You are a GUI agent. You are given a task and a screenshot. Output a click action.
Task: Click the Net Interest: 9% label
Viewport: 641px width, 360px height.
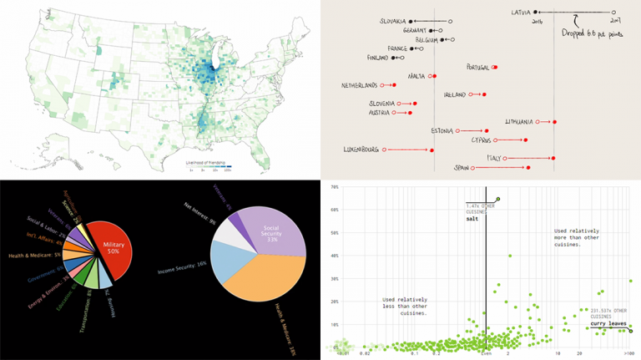(201, 215)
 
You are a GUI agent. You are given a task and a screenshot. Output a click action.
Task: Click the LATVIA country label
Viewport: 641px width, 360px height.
(527, 12)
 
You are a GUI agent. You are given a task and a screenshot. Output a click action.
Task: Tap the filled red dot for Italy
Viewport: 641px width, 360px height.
(553, 158)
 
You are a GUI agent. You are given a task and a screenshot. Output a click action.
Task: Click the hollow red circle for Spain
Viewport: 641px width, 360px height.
(472, 168)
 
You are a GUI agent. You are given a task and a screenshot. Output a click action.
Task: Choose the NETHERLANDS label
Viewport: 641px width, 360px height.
(359, 85)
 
